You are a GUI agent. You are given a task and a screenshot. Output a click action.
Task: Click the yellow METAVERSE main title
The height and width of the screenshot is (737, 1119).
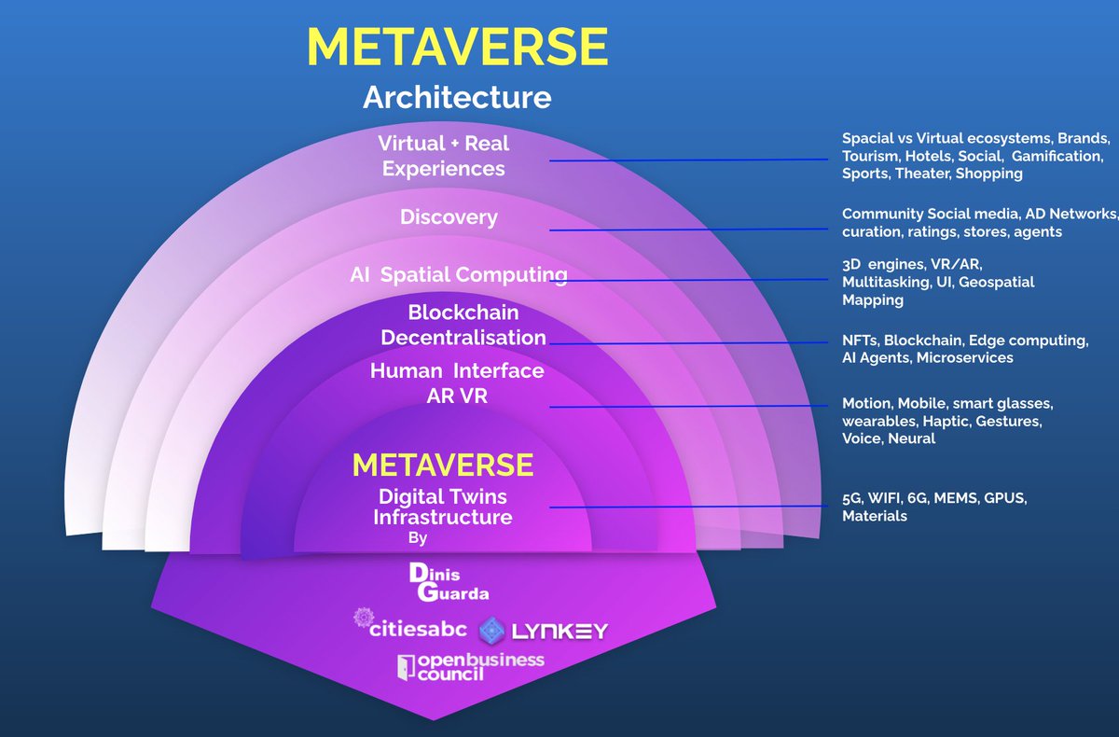(457, 47)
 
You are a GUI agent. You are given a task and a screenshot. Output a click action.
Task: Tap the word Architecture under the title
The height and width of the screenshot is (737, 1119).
(457, 97)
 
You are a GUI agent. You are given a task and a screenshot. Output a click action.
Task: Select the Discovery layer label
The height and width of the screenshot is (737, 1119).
(449, 217)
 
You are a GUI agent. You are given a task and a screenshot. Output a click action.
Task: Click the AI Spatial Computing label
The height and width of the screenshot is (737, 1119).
(458, 275)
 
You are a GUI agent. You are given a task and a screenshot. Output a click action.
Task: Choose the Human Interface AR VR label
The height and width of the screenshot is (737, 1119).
(457, 383)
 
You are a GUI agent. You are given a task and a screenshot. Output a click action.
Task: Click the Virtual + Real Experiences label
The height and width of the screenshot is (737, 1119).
(444, 157)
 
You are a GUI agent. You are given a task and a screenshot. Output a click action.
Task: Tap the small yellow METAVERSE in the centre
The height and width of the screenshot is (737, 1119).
(443, 465)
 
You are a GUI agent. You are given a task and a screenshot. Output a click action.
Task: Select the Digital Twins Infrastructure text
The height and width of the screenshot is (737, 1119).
(443, 507)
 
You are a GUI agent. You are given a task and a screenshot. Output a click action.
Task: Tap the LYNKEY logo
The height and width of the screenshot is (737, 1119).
(544, 632)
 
